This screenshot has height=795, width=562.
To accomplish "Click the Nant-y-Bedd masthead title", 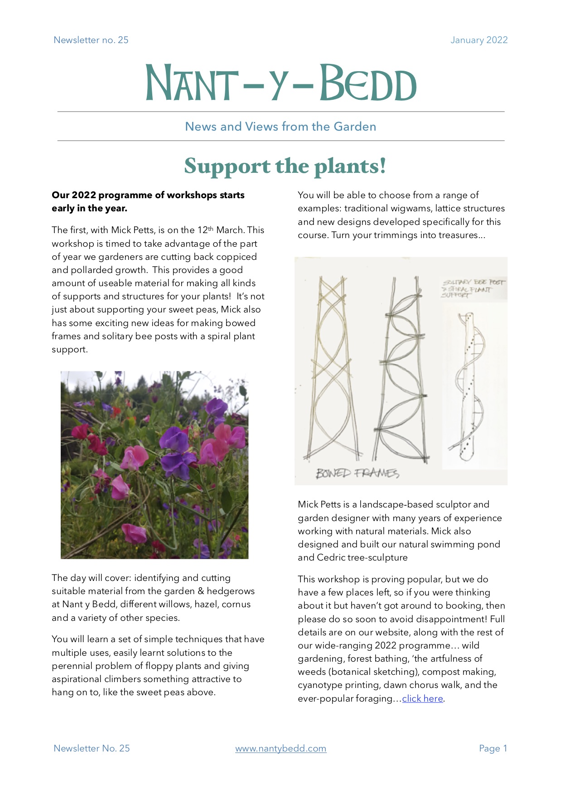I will [281, 83].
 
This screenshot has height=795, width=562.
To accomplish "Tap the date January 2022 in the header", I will [479, 40].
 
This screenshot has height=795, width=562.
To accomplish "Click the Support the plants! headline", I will [285, 166].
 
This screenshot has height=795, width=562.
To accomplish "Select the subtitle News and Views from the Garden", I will [281, 127].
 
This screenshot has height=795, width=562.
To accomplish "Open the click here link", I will [422, 698].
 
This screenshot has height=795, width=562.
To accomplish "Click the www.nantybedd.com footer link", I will [281, 748].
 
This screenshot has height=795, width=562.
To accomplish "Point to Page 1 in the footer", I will [493, 748].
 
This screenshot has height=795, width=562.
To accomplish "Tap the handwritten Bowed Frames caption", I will [357, 473].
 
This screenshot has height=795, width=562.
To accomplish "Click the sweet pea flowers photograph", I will [155, 465].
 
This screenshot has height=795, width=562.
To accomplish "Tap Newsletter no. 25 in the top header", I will [91, 40].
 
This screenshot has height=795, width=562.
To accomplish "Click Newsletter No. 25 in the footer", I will [92, 748].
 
